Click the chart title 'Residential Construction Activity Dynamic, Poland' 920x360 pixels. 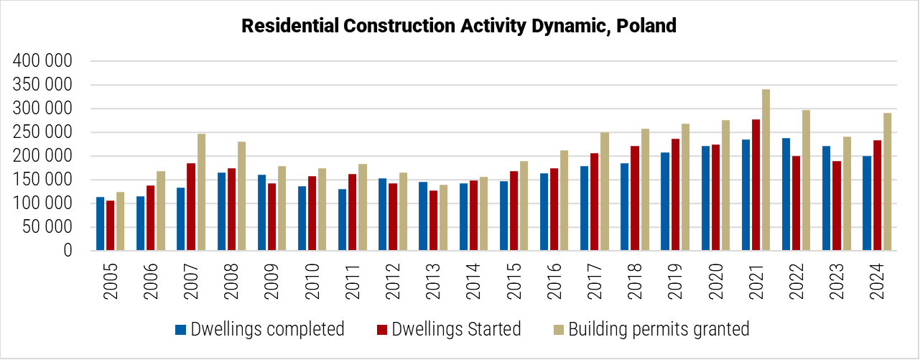459,26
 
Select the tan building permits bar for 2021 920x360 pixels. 766,170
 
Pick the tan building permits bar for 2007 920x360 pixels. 201,192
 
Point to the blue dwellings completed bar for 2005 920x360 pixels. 100,223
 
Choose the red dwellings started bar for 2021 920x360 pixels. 756,185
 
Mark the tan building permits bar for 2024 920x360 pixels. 888,182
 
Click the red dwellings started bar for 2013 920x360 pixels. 433,221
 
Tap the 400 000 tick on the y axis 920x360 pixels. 43,62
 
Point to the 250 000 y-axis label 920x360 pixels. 43,132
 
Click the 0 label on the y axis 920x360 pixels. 68,251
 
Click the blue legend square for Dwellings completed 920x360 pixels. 180,330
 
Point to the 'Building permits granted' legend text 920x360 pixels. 659,329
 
